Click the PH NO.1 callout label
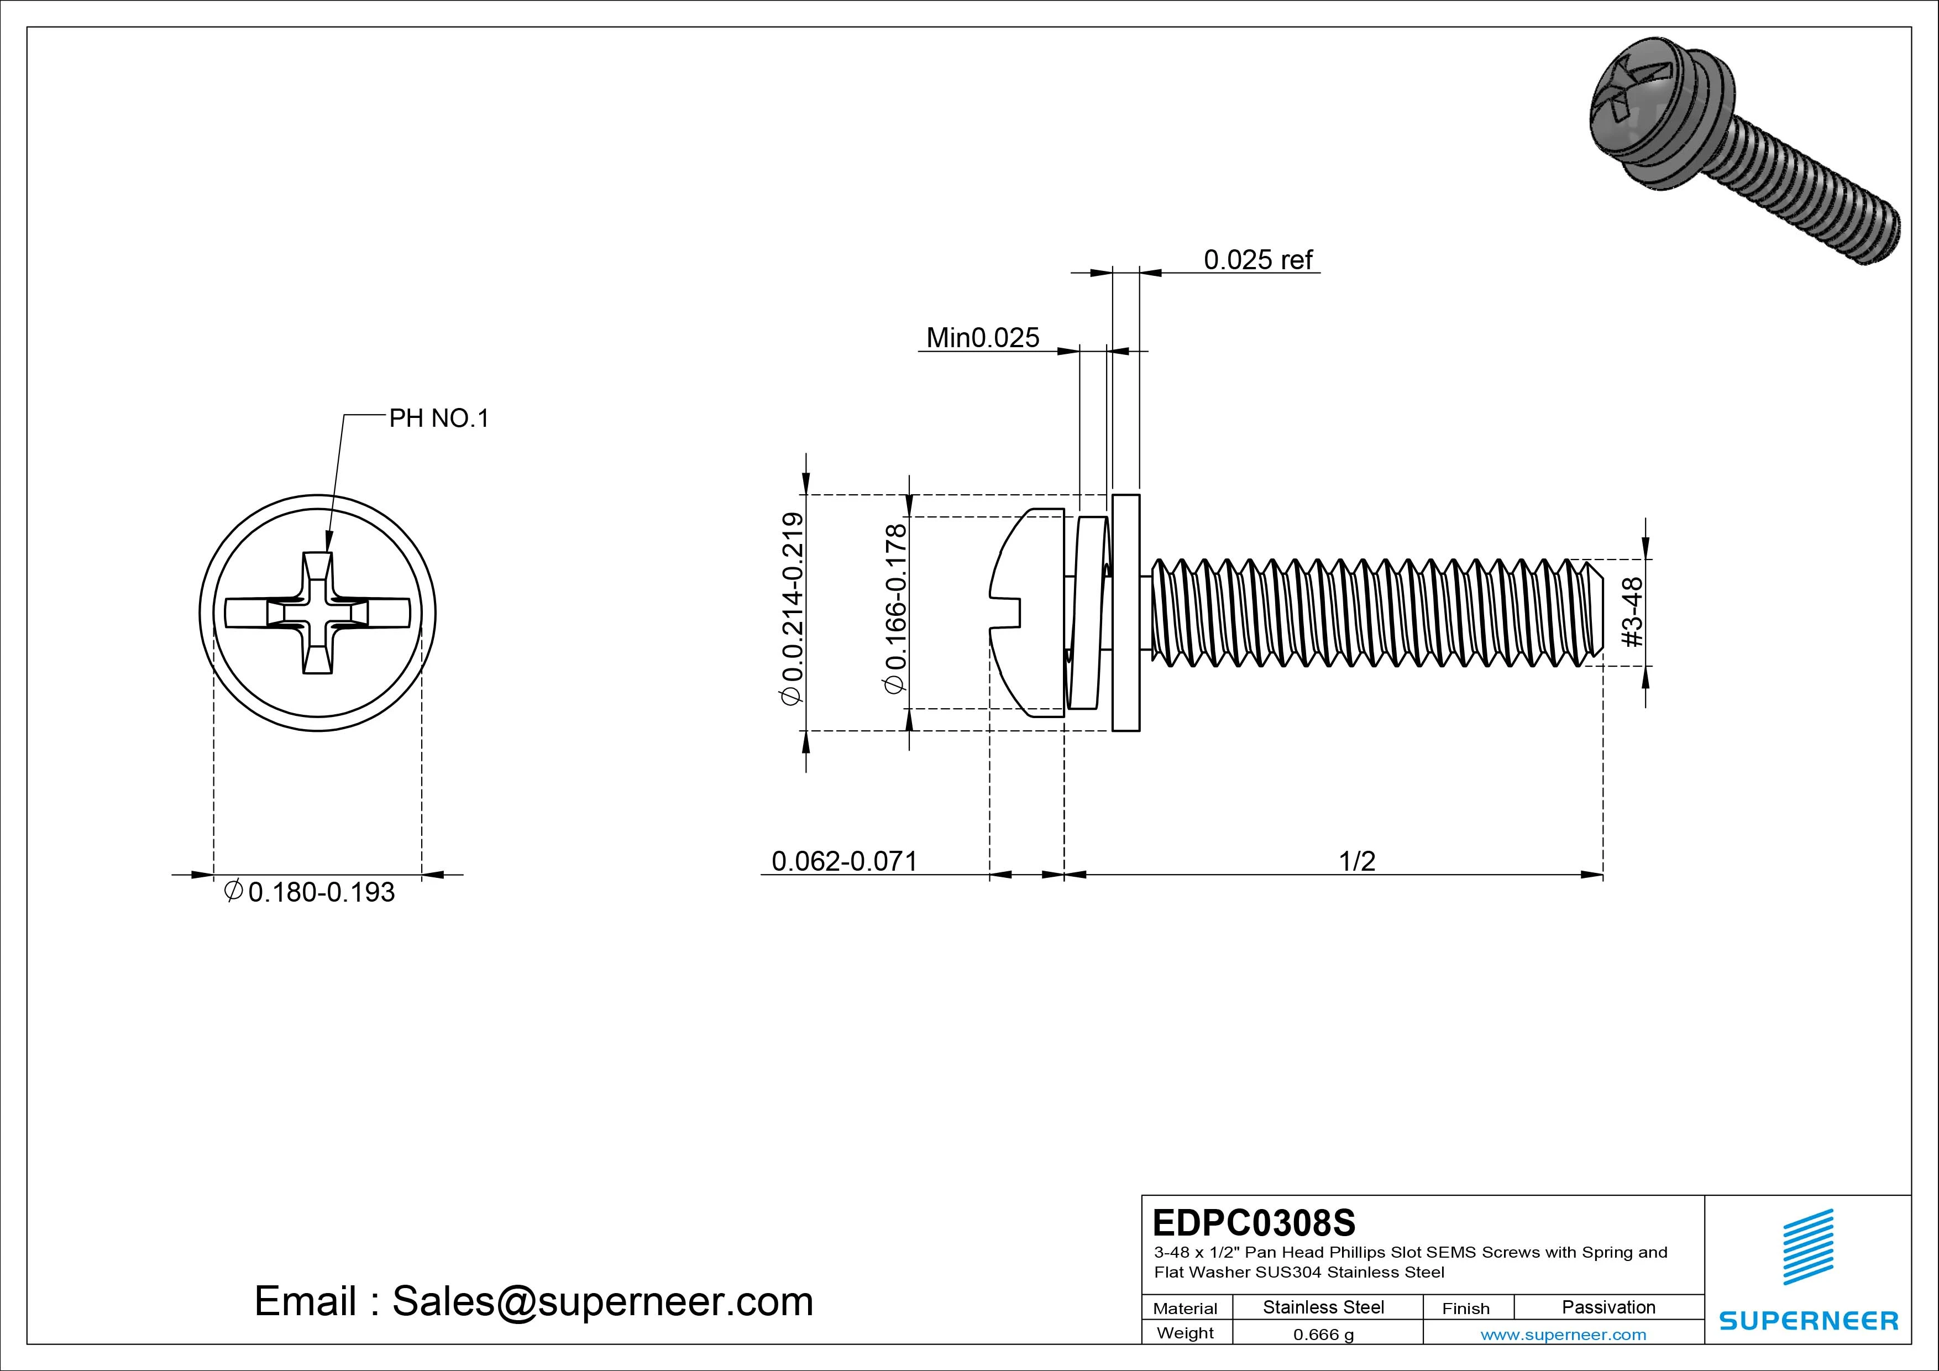(438, 418)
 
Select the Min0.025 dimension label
(982, 338)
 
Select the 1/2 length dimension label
(1356, 861)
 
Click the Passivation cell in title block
(1608, 1307)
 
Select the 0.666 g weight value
(1323, 1335)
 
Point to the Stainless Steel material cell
(1323, 1307)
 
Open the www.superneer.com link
(1563, 1335)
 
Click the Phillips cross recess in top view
(317, 613)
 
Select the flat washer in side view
(1126, 613)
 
